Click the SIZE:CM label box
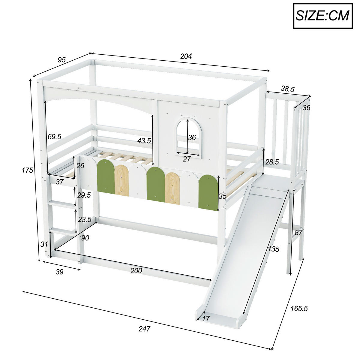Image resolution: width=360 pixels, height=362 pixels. (322, 16)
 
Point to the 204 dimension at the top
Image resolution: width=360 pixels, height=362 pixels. (186, 56)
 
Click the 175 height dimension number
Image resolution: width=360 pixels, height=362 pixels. (27, 170)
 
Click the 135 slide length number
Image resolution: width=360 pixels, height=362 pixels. (273, 249)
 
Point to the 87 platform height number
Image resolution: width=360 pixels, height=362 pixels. (298, 232)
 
